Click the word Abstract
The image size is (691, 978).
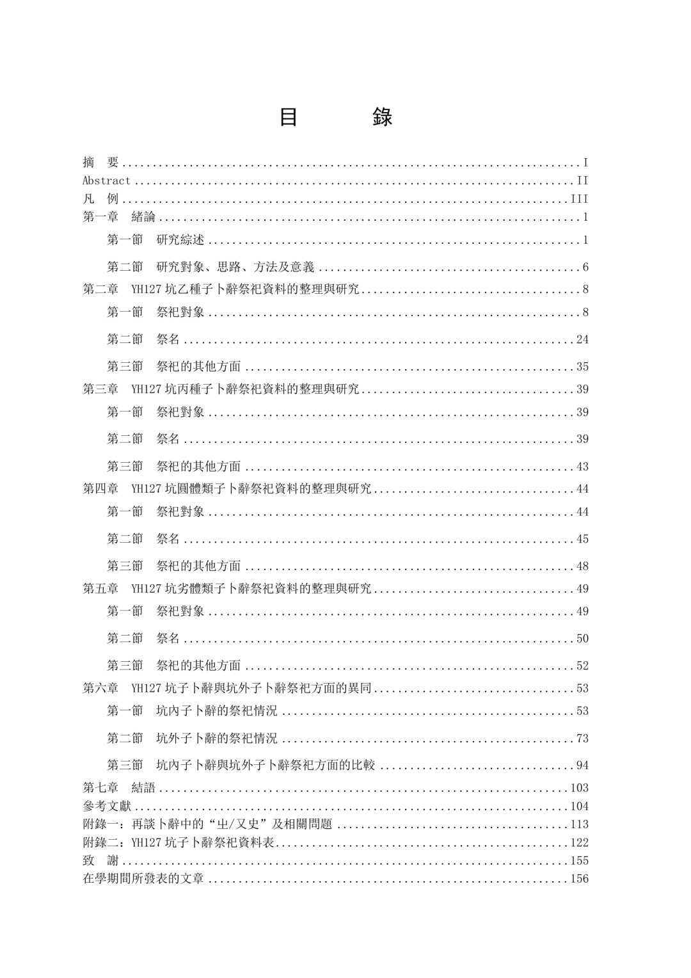click(x=106, y=181)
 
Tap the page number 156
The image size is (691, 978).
click(x=579, y=879)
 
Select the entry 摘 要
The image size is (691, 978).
click(x=100, y=163)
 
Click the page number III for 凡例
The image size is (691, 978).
click(x=579, y=199)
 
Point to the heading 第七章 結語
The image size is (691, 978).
click(x=119, y=788)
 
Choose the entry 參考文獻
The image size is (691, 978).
click(x=107, y=806)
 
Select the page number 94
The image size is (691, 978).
click(x=582, y=766)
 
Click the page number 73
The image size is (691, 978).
click(x=582, y=739)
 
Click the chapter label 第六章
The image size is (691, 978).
click(x=100, y=689)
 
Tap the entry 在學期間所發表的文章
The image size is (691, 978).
click(x=143, y=879)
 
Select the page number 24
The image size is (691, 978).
click(x=582, y=340)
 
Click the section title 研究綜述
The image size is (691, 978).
click(x=180, y=241)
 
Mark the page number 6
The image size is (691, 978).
click(x=585, y=268)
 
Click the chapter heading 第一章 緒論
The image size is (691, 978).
click(x=119, y=218)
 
